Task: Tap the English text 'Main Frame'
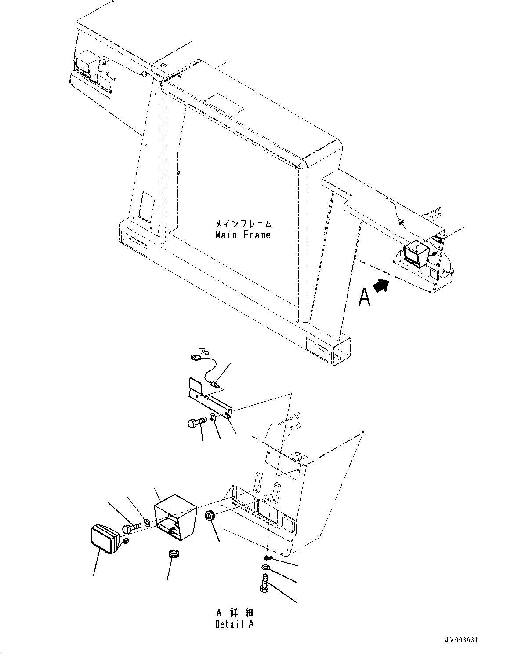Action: click(243, 235)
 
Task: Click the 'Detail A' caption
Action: click(235, 624)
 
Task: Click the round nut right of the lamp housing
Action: click(210, 515)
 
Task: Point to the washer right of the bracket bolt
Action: click(213, 417)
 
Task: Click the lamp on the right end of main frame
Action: click(413, 254)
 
